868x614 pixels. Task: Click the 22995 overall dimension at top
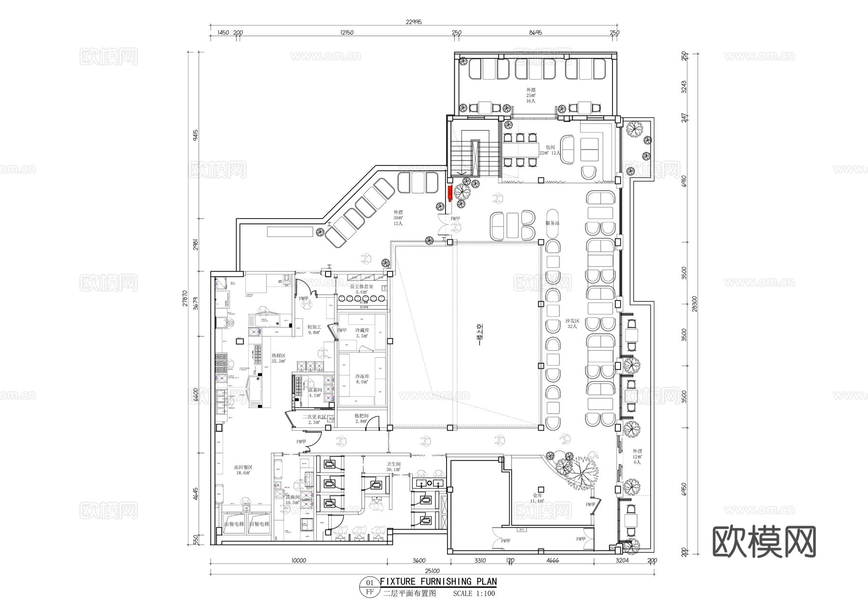coord(414,22)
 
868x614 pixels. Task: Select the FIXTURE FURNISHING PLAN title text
coord(438,582)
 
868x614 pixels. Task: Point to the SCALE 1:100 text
coord(474,594)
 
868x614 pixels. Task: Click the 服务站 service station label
coord(552,223)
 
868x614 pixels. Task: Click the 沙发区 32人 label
coord(572,324)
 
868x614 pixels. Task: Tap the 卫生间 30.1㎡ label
coord(393,466)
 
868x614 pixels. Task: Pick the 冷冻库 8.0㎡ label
coord(362,379)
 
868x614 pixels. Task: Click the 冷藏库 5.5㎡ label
coord(362,333)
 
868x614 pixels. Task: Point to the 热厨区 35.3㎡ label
coord(278,358)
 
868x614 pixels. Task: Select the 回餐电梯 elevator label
coord(259,524)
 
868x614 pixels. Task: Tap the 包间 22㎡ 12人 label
coord(550,150)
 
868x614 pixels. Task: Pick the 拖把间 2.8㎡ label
coord(361,418)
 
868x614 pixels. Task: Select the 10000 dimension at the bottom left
coord(299,560)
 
